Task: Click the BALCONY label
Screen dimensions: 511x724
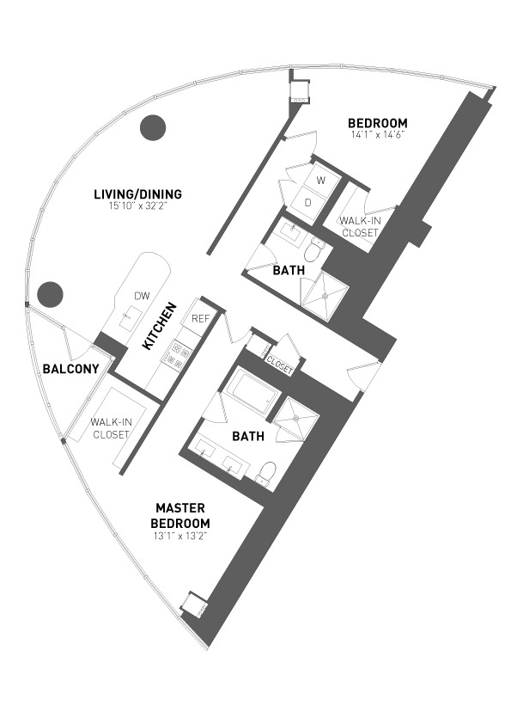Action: [x=71, y=369]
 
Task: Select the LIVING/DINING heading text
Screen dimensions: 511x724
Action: [x=138, y=194]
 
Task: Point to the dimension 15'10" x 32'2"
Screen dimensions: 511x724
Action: [x=138, y=206]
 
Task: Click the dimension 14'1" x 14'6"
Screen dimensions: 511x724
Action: [x=378, y=135]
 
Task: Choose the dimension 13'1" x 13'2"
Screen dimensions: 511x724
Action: [x=180, y=536]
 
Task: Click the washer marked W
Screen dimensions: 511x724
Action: [x=321, y=181]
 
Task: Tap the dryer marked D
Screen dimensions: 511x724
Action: [x=308, y=203]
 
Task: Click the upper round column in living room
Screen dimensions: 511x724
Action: [x=153, y=127]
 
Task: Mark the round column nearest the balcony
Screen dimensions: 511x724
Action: [x=50, y=295]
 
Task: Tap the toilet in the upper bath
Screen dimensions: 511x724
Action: [x=313, y=248]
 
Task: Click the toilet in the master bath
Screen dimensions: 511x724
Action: [x=266, y=473]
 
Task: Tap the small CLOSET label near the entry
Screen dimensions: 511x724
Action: [x=279, y=365]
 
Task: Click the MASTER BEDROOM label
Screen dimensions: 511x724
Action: [x=180, y=516]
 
